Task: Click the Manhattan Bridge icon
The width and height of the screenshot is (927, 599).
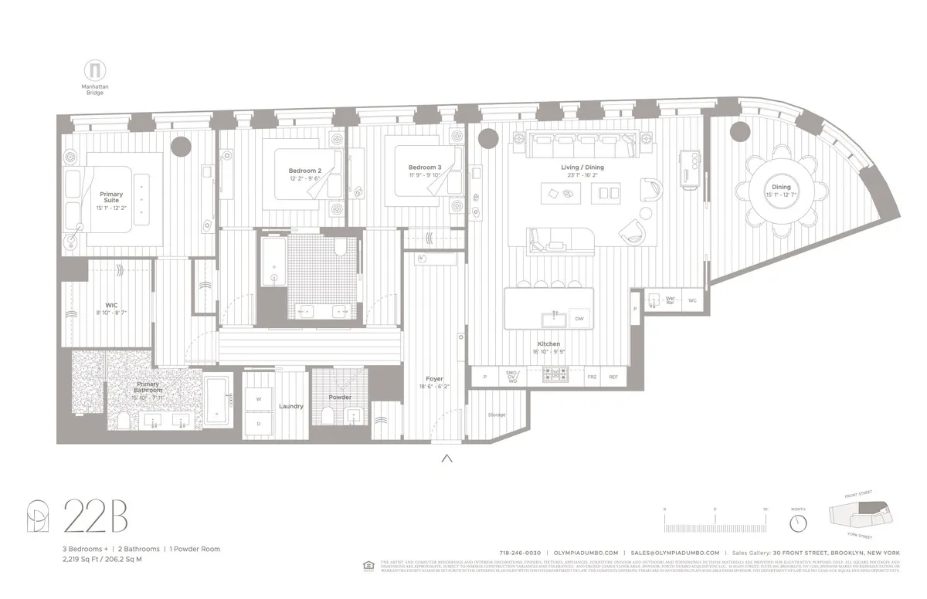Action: [x=95, y=69]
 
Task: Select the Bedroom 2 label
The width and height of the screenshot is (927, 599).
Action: [x=304, y=171]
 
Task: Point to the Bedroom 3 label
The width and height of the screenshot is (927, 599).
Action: [x=425, y=168]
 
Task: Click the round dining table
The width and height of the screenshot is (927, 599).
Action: [x=781, y=192]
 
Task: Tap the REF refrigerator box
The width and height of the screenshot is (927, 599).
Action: [x=613, y=377]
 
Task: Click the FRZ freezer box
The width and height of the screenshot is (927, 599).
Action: [x=592, y=377]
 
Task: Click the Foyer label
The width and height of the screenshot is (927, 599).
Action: [x=434, y=379]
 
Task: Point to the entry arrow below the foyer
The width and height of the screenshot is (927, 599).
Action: [x=446, y=459]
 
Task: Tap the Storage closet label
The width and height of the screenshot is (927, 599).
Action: [x=496, y=415]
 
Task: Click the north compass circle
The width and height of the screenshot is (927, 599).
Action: [x=798, y=523]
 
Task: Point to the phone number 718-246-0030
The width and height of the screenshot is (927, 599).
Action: [x=521, y=553]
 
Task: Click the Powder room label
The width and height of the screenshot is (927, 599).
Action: [x=339, y=398]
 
